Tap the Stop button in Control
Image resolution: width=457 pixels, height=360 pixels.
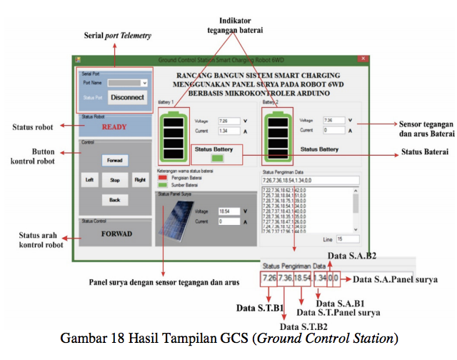tap(114, 181)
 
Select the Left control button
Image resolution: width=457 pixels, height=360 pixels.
tap(89, 181)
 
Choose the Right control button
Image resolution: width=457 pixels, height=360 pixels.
tap(140, 181)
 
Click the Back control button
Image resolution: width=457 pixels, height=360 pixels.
tap(114, 200)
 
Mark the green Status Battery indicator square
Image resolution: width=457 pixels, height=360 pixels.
tap(218, 158)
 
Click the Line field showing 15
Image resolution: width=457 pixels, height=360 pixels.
tap(346, 239)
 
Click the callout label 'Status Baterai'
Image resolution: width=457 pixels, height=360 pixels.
tap(424, 152)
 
